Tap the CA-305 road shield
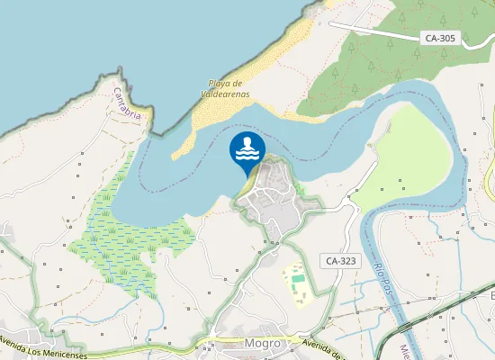coord(441,38)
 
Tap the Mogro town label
coord(263,343)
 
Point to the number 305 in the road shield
coord(447,38)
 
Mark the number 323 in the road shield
coord(347,260)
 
